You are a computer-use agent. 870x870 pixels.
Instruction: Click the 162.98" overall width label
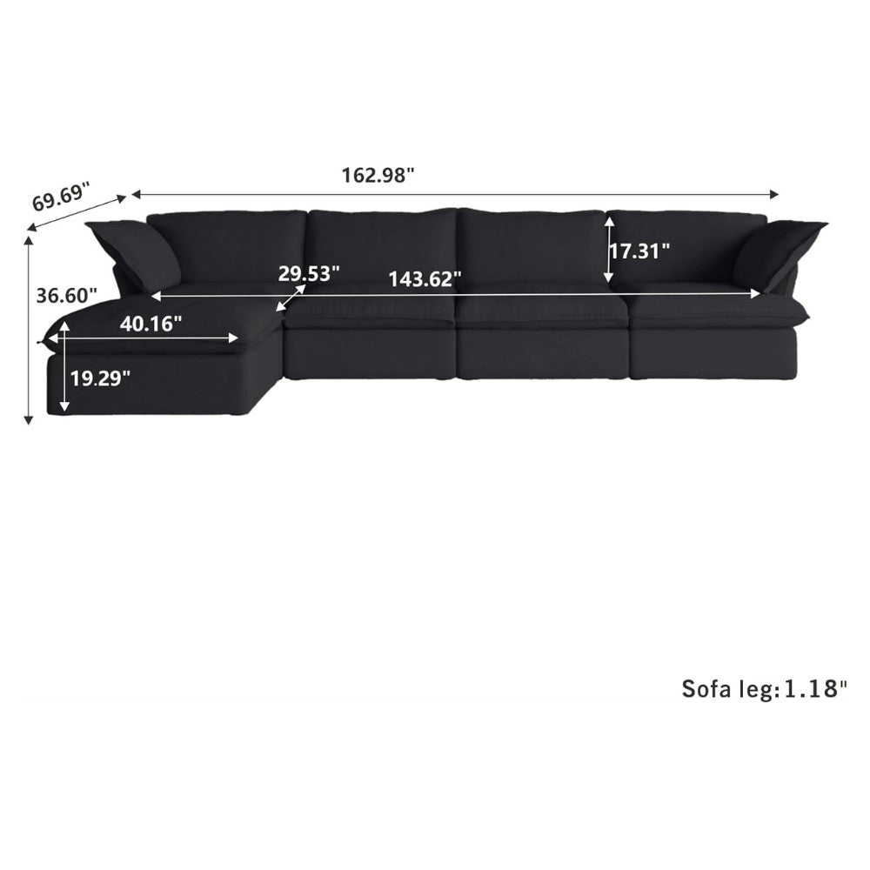378,176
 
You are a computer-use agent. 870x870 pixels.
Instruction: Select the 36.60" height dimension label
67,295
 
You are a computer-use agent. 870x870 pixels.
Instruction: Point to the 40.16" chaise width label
151,324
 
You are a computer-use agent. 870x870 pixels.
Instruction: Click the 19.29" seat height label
100,378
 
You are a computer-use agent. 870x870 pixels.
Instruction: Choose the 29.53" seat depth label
309,273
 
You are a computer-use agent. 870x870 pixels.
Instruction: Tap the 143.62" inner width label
425,278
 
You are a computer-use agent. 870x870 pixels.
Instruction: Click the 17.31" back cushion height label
639,251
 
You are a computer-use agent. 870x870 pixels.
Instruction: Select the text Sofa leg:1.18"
765,688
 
